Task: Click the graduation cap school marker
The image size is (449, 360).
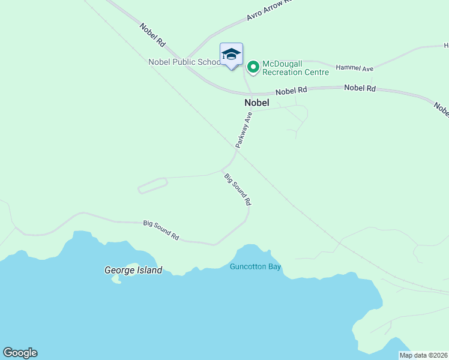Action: [x=231, y=55]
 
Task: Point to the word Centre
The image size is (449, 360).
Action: [x=316, y=73]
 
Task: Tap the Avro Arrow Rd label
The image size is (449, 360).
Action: [x=268, y=10]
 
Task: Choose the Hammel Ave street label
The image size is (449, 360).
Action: [x=354, y=68]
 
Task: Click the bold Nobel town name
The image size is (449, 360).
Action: [x=257, y=103]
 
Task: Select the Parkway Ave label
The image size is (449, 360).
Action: [x=243, y=130]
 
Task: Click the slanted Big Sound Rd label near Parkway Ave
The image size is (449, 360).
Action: [x=237, y=189]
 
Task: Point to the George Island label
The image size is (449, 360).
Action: [x=133, y=270]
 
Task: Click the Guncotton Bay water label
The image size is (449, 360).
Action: [x=255, y=267]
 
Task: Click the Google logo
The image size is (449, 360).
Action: [x=20, y=353]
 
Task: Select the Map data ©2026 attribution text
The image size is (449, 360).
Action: [x=424, y=355]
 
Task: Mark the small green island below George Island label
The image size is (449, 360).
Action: [x=116, y=280]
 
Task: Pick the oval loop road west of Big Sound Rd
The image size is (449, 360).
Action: [x=152, y=185]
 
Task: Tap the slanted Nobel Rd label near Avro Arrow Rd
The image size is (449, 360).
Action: [x=152, y=35]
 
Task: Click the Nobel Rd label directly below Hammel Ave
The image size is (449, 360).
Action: [x=360, y=88]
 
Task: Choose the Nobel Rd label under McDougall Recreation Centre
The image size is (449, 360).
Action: [x=291, y=91]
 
